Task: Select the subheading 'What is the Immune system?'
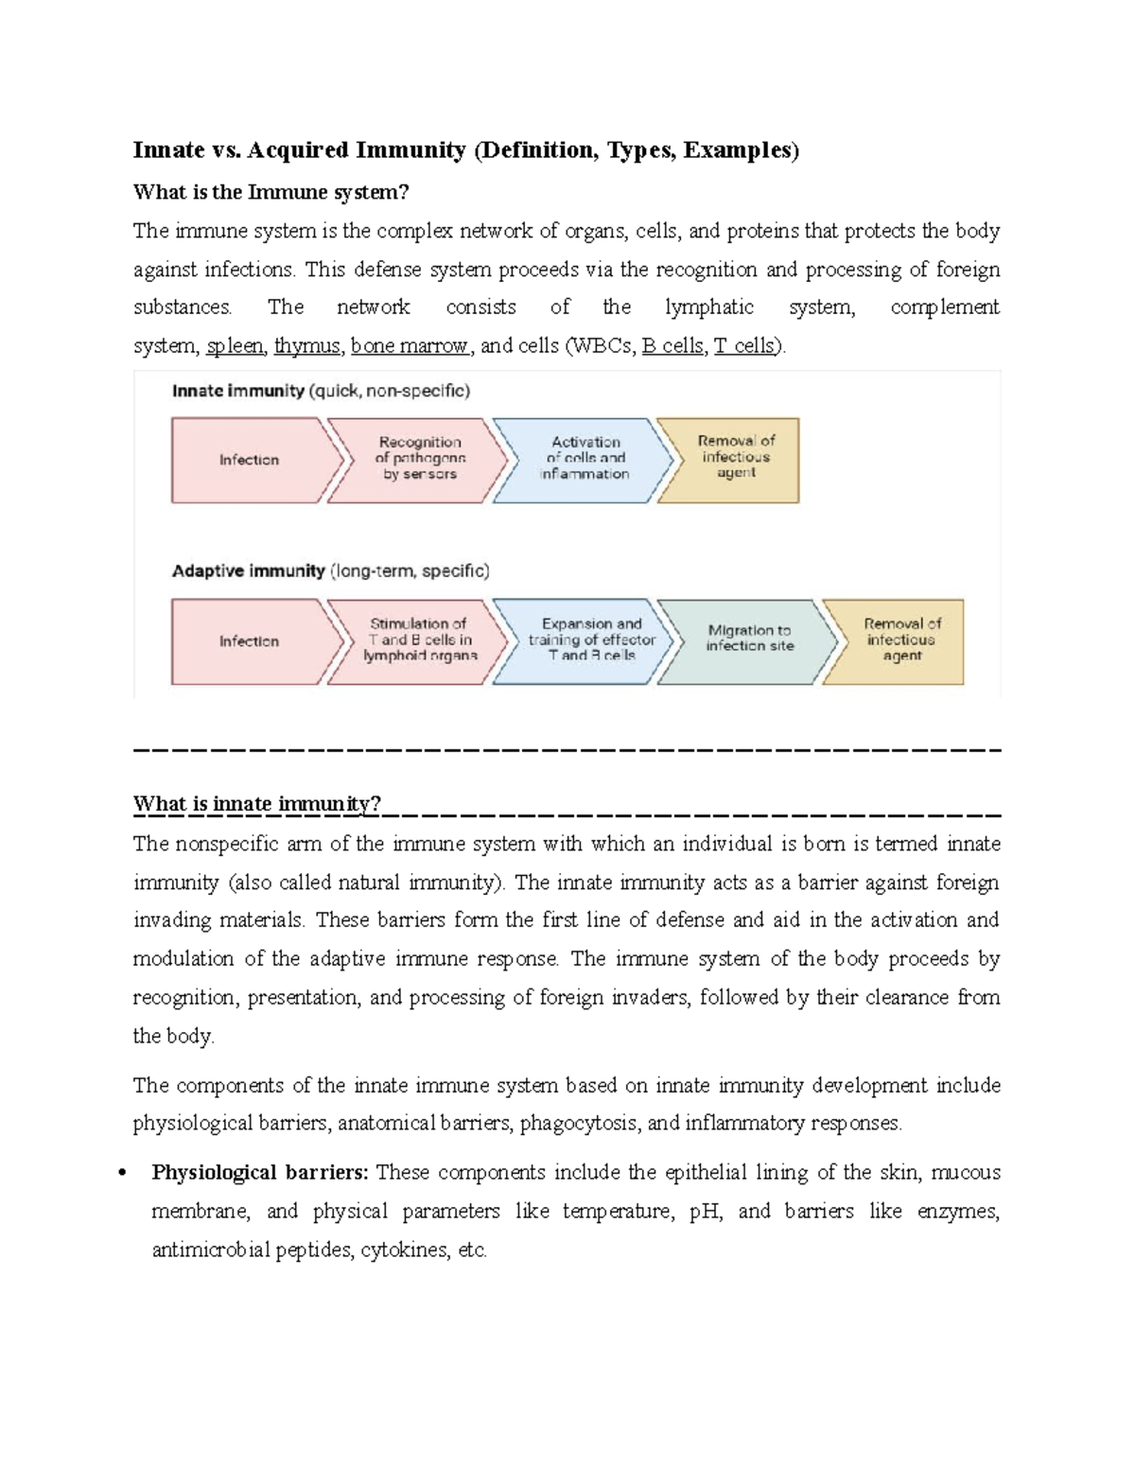(271, 192)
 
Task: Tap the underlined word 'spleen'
(235, 346)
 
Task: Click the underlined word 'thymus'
(306, 346)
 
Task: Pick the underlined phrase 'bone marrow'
(410, 346)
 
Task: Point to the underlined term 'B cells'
(672, 346)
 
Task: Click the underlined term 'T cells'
(745, 346)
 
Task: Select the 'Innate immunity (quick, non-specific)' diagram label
(321, 391)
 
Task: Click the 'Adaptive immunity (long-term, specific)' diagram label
(330, 571)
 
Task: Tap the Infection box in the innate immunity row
(250, 460)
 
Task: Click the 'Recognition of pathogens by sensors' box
(419, 459)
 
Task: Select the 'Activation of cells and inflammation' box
(585, 459)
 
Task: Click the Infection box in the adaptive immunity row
(250, 641)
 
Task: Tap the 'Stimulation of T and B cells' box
(419, 640)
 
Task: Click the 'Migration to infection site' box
(749, 639)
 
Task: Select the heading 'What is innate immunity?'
(256, 805)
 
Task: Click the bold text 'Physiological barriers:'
(260, 1173)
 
